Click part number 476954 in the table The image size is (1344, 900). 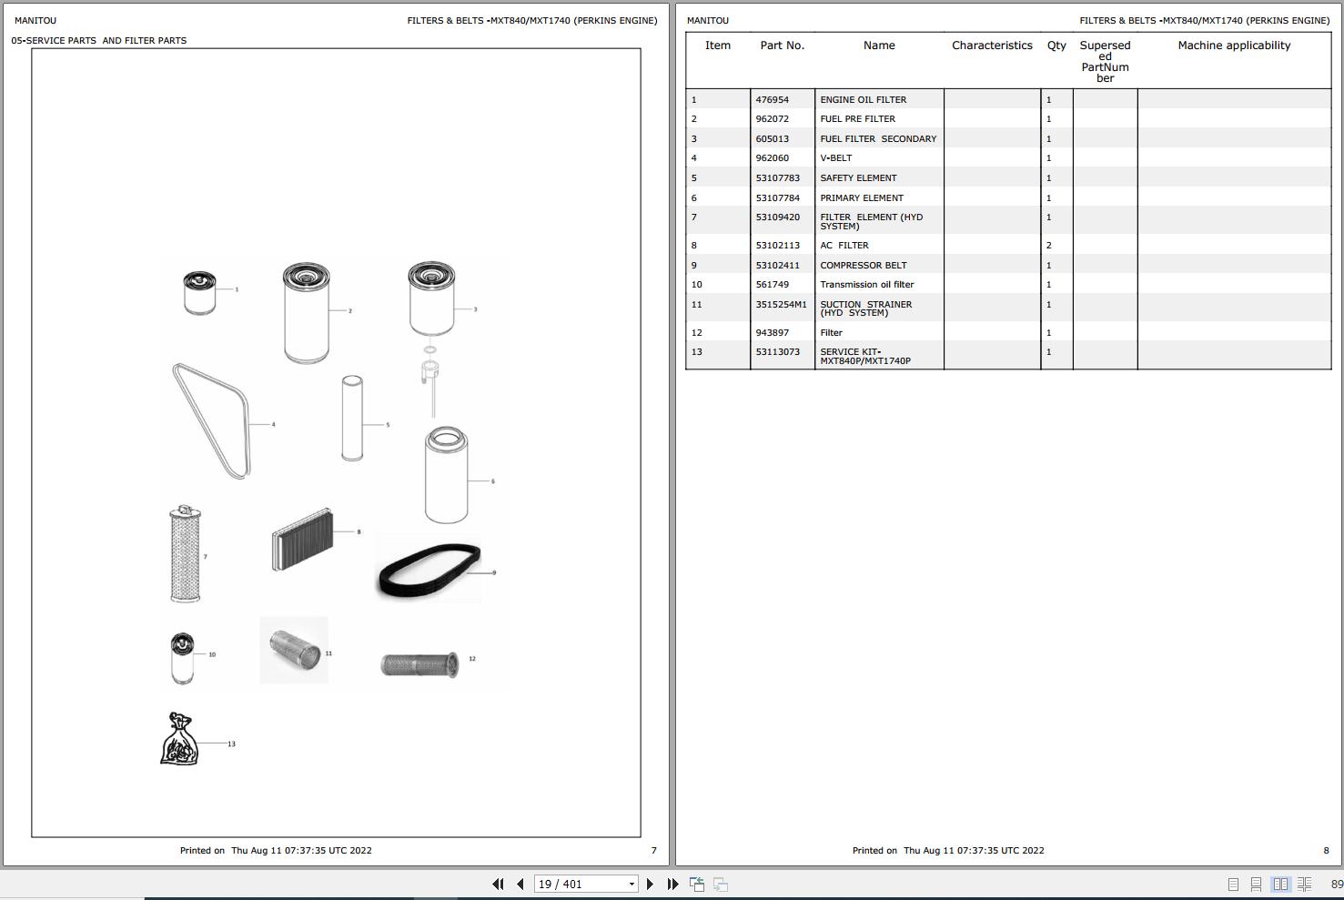pyautogui.click(x=773, y=99)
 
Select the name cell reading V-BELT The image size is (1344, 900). pyautogui.click(x=836, y=157)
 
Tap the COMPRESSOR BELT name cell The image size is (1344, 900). pyautogui.click(x=864, y=265)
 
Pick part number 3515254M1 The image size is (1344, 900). pyautogui.click(x=782, y=304)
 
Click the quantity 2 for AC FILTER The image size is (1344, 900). pyautogui.click(x=1049, y=246)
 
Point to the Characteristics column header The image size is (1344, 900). pyautogui.click(x=992, y=45)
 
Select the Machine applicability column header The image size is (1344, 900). pyautogui.click(x=1234, y=45)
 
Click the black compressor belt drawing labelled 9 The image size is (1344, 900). pyautogui.click(x=429, y=570)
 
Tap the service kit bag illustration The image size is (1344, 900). pyautogui.click(x=179, y=739)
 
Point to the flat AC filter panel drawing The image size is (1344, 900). pyautogui.click(x=302, y=540)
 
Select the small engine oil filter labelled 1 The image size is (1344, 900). pyautogui.click(x=200, y=293)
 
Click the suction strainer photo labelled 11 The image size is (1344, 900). pyautogui.click(x=294, y=650)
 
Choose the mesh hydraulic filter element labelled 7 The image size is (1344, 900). pyautogui.click(x=185, y=554)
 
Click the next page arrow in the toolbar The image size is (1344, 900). pyautogui.click(x=650, y=884)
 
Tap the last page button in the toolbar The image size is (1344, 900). pyautogui.click(x=672, y=884)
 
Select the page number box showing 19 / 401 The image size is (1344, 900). pyautogui.click(x=586, y=884)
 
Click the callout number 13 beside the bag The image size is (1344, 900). pyautogui.click(x=231, y=744)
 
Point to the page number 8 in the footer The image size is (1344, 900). pyautogui.click(x=1326, y=850)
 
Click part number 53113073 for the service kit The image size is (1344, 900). pyautogui.click(x=778, y=351)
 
